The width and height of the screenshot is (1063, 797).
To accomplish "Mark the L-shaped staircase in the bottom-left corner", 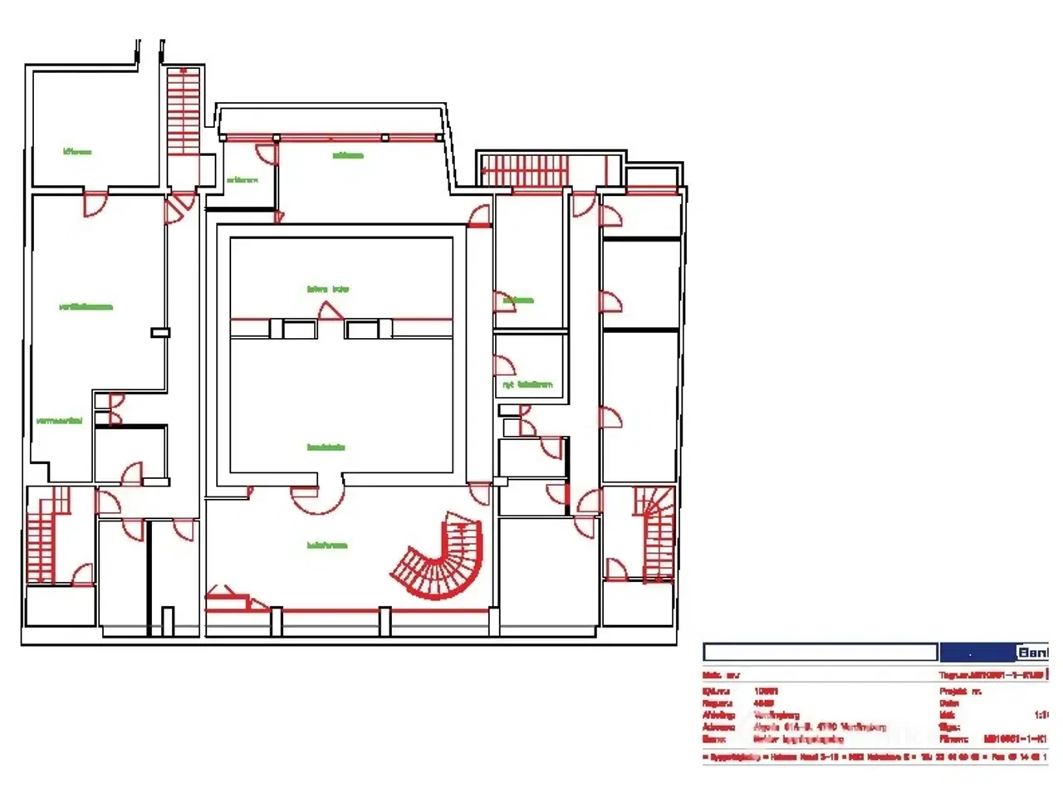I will click(x=46, y=535).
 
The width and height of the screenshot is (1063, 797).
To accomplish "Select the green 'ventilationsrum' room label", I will click(x=86, y=306).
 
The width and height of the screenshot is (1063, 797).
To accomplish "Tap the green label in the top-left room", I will click(x=77, y=152).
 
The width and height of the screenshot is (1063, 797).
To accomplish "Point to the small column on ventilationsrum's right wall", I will click(x=160, y=333).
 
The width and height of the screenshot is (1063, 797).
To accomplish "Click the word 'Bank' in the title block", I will click(x=1033, y=653).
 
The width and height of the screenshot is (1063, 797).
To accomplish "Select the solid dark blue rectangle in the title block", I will click(x=977, y=653).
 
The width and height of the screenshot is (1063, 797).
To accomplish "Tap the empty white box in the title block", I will click(x=820, y=653).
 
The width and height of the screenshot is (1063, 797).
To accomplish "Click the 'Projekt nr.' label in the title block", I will click(x=962, y=691).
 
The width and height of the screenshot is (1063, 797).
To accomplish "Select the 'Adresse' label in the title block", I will click(x=718, y=726).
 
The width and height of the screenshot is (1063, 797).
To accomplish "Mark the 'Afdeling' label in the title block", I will click(x=719, y=714).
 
